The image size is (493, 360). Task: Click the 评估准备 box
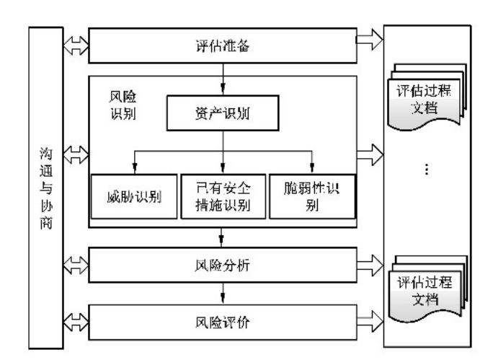[222, 46]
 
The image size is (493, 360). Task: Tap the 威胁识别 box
[133, 195]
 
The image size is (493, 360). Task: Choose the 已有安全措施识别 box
[222, 195]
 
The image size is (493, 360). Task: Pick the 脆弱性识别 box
[312, 195]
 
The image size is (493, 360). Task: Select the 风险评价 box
[222, 318]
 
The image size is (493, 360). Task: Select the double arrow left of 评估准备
[75, 46]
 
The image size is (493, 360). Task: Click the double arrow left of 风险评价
[75, 318]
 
